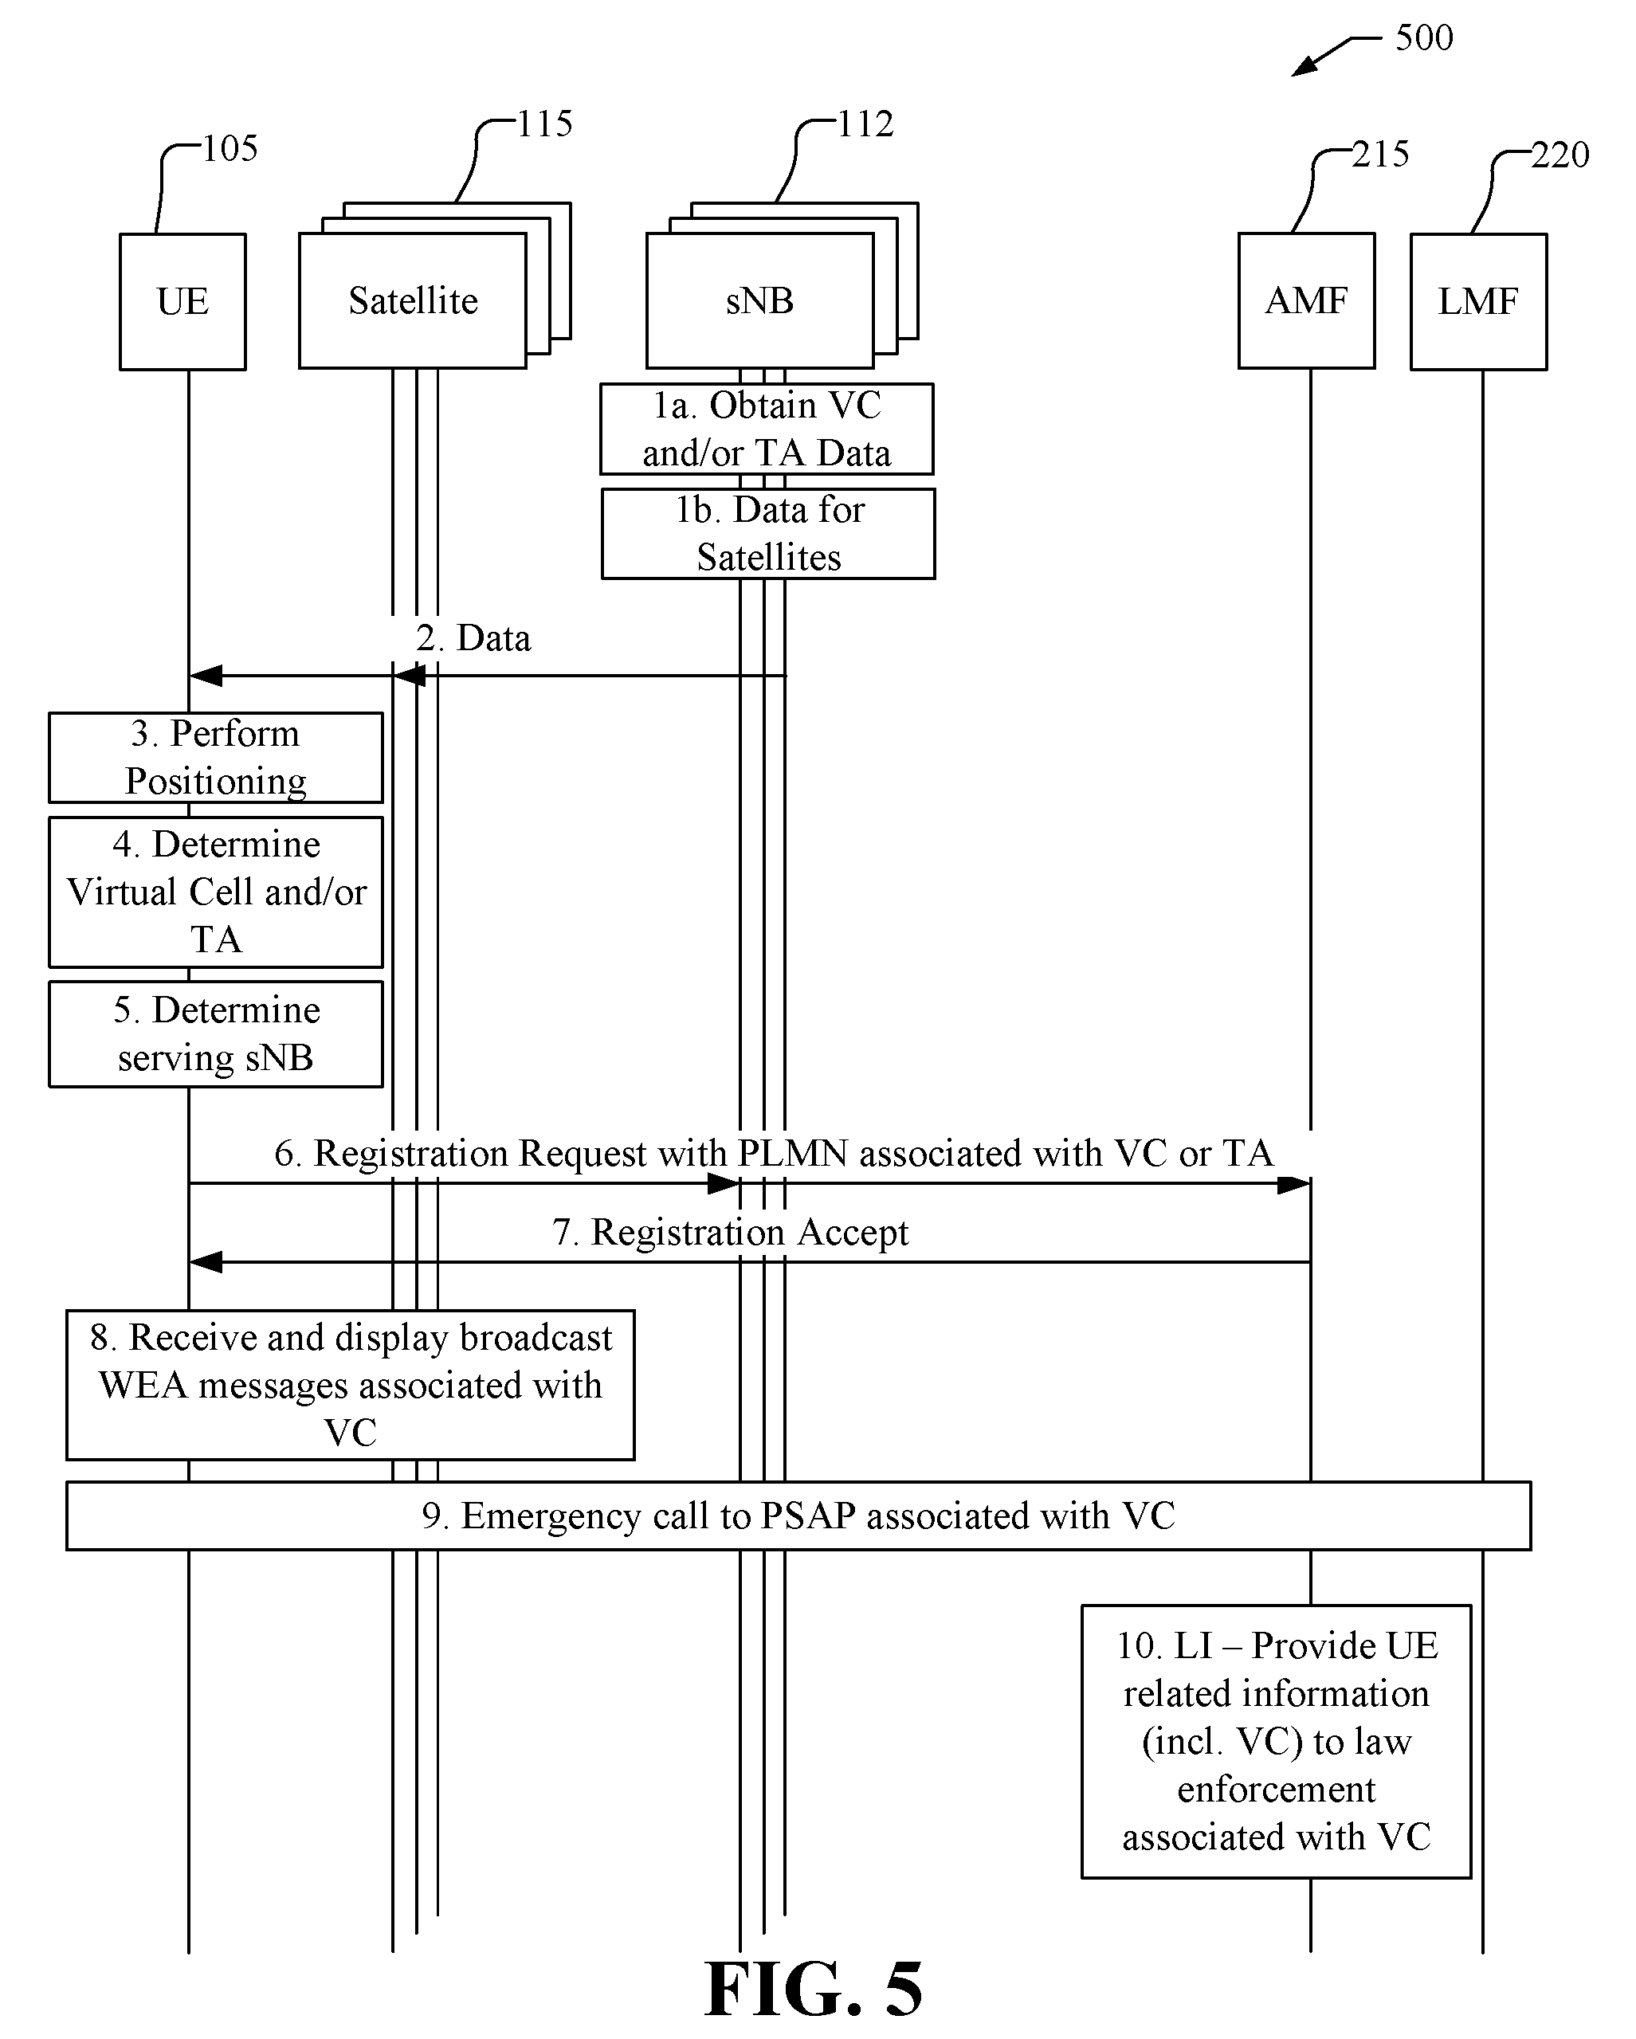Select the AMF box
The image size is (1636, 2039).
1307,300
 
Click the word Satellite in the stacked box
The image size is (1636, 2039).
414,300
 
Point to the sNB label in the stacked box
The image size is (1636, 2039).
759,300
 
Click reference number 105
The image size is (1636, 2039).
230,148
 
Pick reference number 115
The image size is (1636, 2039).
545,124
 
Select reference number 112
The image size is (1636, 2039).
865,124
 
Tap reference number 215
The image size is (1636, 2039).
1381,154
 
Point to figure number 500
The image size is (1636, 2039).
1424,37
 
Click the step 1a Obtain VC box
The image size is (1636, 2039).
767,429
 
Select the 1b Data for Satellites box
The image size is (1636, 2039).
769,533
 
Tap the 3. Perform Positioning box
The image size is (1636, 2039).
216,758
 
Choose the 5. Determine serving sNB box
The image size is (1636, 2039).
216,1033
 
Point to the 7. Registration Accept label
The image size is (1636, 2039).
730,1233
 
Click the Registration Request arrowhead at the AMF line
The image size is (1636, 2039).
1293,1184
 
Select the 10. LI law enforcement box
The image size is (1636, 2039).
1277,1741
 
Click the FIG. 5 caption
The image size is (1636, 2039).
814,1989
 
